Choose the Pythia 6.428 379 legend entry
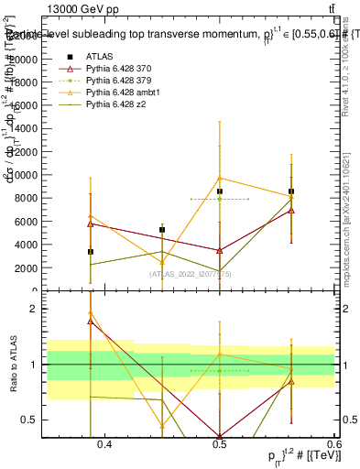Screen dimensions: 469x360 pyautogui.click(x=119, y=81)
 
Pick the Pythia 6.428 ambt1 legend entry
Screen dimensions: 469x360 pyautogui.click(x=122, y=93)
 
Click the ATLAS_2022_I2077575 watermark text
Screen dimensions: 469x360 pyautogui.click(x=190, y=274)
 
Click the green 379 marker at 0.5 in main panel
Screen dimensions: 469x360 pyautogui.click(x=220, y=199)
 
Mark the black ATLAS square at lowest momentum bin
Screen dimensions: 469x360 pyautogui.click(x=90, y=251)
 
